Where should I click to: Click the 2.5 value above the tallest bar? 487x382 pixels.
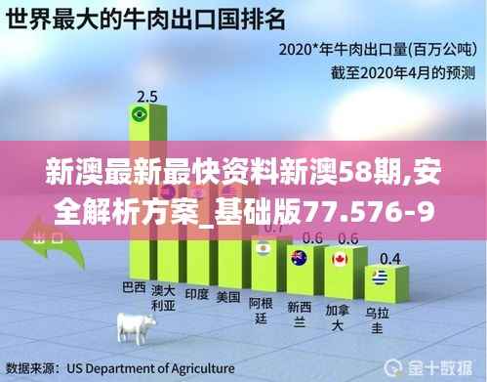point(147,96)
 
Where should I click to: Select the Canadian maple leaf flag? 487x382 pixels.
point(339,259)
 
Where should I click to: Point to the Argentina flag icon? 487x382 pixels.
point(261,249)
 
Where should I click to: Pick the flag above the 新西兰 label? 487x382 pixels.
point(298,258)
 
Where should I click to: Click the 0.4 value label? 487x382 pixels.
point(390,258)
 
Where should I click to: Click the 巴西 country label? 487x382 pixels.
point(134,288)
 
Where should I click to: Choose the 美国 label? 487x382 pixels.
point(227,295)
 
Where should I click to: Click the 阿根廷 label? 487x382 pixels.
point(260,309)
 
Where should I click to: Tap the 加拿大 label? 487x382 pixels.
point(338,313)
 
